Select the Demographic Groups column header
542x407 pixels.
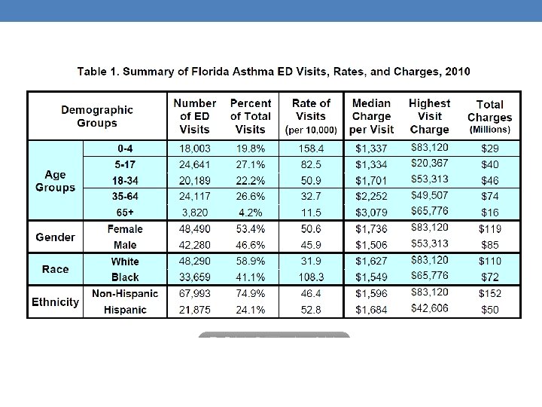[97, 116]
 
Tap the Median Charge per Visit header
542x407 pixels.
[371, 116]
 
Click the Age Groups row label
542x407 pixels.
[56, 181]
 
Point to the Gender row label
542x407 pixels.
[56, 237]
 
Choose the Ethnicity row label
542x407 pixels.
[55, 302]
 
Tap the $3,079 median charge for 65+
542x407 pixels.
[371, 213]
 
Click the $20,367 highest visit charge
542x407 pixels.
[430, 164]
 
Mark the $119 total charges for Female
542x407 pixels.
[489, 229]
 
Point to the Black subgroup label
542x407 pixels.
[125, 277]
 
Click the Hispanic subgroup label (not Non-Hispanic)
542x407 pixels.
[125, 310]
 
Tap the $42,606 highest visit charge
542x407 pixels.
[430, 308]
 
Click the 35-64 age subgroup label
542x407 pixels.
[125, 197]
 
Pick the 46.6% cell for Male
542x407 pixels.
[250, 245]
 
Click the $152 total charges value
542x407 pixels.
[489, 293]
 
